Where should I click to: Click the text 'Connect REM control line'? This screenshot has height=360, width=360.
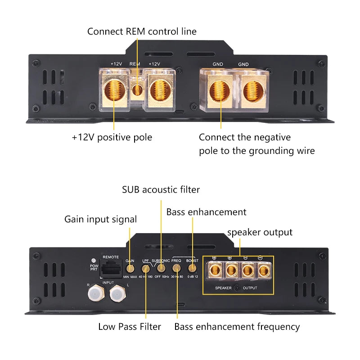click(x=142, y=31)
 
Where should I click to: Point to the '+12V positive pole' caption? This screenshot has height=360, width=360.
click(x=112, y=137)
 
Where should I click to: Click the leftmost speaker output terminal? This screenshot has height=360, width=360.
click(x=214, y=270)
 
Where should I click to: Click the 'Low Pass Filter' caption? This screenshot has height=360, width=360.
click(x=130, y=327)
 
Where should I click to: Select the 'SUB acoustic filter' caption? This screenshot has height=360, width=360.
click(x=161, y=189)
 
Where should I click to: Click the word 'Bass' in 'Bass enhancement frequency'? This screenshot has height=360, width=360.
click(x=184, y=327)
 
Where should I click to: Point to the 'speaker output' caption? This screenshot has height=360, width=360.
click(x=260, y=232)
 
